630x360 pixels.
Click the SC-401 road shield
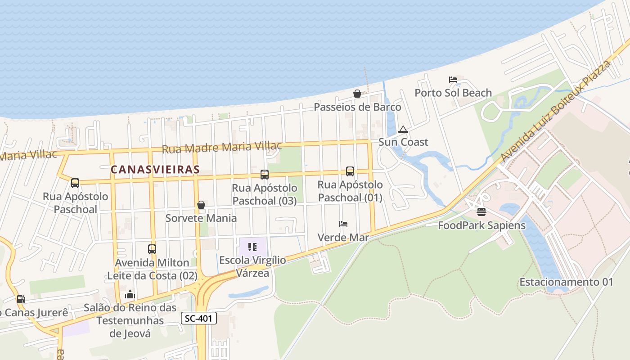(x=199, y=319)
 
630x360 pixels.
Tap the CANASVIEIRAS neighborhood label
(x=155, y=170)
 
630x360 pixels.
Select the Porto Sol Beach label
(x=453, y=93)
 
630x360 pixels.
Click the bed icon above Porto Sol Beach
(x=453, y=80)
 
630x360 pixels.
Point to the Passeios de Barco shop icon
(x=357, y=94)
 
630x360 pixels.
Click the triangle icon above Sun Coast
(x=403, y=130)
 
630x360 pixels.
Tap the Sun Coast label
(x=403, y=142)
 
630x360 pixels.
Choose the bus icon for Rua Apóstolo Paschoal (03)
(x=265, y=175)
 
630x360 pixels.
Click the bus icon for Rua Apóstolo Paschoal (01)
(x=350, y=171)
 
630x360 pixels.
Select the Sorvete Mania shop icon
(x=201, y=205)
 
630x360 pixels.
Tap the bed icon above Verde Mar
(x=343, y=224)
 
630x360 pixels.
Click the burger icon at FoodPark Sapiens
(x=481, y=212)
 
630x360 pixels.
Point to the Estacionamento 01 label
(x=566, y=282)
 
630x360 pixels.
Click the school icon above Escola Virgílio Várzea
(x=252, y=247)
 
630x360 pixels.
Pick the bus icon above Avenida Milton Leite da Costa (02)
(x=152, y=249)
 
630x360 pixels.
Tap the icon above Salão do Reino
(x=130, y=295)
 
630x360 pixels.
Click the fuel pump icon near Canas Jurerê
(x=20, y=299)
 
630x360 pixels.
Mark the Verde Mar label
(x=343, y=237)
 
